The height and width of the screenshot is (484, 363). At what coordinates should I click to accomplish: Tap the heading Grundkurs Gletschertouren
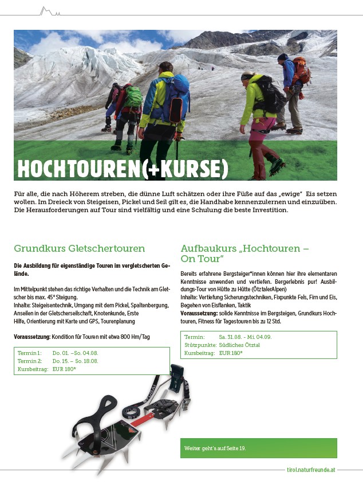(80, 248)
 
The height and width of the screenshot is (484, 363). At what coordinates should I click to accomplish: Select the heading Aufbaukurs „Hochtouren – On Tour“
(245, 253)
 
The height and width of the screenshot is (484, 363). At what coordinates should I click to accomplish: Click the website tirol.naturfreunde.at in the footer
(311, 469)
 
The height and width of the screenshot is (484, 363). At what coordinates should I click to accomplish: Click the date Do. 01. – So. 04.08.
(76, 353)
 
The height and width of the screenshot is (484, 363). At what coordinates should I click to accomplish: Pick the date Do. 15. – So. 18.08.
(76, 361)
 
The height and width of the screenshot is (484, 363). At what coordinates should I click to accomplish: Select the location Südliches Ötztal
(239, 345)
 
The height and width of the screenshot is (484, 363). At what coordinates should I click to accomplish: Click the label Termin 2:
(30, 361)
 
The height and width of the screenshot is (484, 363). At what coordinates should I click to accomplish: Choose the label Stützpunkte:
(200, 345)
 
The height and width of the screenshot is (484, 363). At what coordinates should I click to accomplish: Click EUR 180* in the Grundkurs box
(64, 369)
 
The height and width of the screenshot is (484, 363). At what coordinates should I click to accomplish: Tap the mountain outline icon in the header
(49, 11)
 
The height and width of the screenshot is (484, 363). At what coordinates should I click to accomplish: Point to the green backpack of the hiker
(133, 97)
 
